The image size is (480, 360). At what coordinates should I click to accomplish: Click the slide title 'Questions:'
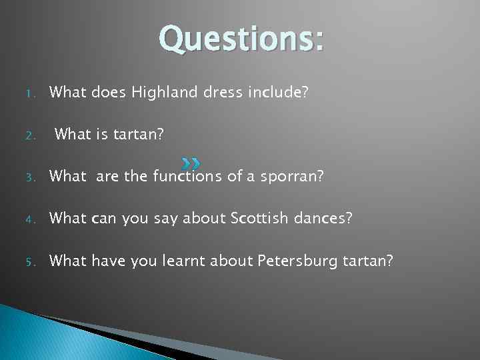tap(241, 39)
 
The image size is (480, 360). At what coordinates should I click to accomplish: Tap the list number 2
tap(23, 135)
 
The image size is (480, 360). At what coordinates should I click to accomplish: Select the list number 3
tap(23, 177)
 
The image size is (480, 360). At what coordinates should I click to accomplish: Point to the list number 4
tap(23, 219)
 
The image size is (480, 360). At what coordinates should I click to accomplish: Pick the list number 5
tap(23, 261)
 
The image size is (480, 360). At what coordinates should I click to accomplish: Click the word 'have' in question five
tap(105, 260)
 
